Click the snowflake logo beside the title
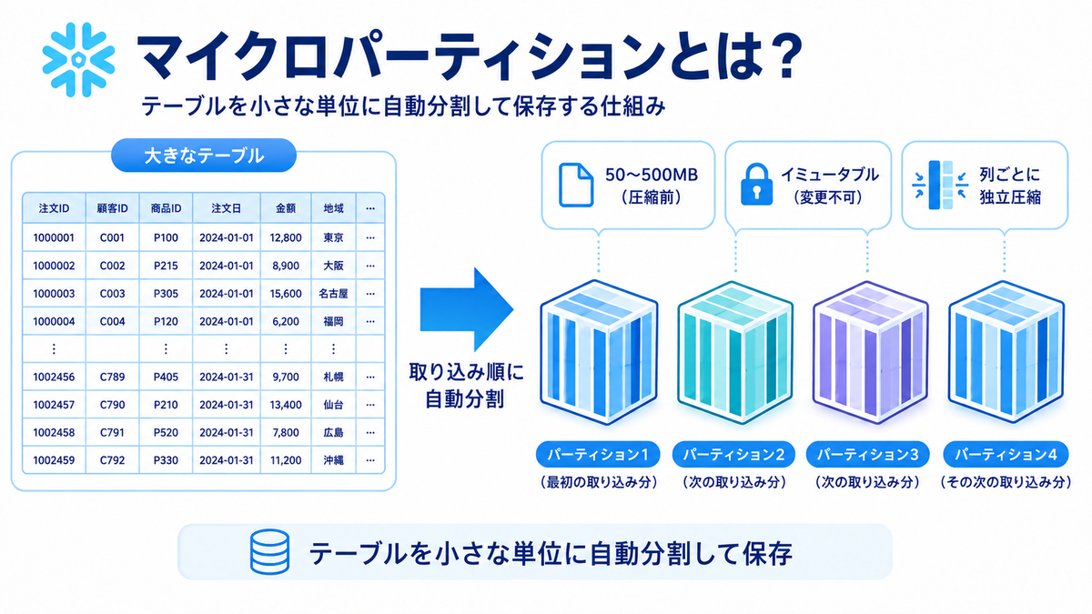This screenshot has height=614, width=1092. pos(78,59)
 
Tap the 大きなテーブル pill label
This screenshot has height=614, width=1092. pos(204,156)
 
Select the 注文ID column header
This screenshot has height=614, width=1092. pos(54,208)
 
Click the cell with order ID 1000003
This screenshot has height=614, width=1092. pos(54,293)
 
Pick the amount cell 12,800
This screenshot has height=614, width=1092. pos(286,237)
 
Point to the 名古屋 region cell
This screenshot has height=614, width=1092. pos(333,293)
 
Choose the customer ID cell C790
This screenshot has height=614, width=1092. pos(112,405)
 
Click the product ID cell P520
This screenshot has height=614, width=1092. pos(166,432)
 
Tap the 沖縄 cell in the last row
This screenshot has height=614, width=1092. pos(333,460)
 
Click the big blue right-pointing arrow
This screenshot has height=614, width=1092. pos(467,309)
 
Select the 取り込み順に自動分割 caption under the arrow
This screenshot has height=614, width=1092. pos(466,386)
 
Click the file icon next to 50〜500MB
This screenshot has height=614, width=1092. pos(576,186)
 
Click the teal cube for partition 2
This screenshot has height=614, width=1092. pos(735,352)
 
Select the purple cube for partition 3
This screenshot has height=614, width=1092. pos(871,352)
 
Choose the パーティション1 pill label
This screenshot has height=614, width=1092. pos(598,455)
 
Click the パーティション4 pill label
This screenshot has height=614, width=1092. pos(1006,455)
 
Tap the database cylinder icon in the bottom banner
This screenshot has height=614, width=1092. pos(269,552)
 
